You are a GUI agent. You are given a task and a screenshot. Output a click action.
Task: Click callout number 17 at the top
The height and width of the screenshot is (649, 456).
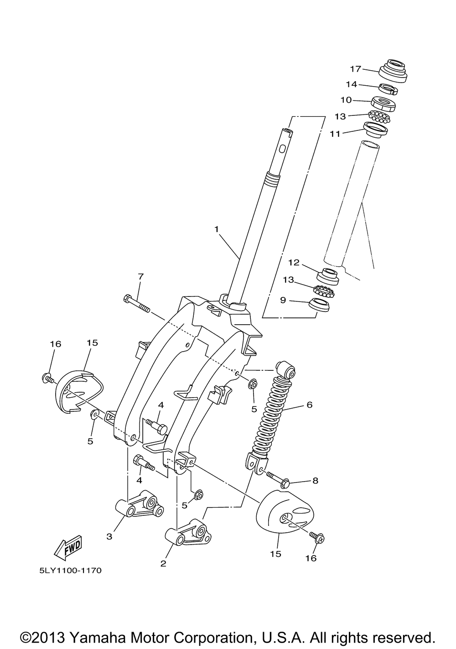(356, 69)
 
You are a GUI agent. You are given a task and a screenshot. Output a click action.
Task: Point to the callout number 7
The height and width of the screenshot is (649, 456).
(140, 276)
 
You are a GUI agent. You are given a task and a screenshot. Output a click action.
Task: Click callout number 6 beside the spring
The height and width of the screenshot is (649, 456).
(309, 405)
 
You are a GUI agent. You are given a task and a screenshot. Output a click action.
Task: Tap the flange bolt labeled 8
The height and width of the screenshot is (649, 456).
(279, 478)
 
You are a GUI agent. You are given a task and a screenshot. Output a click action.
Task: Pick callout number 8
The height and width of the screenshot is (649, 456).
(315, 480)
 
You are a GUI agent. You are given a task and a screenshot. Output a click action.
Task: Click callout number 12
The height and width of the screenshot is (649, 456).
(294, 263)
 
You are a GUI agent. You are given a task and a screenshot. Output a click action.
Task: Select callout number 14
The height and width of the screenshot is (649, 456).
(351, 84)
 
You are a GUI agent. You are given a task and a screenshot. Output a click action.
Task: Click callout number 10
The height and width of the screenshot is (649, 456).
(346, 100)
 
